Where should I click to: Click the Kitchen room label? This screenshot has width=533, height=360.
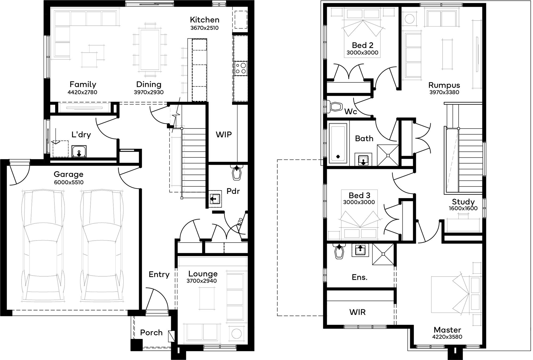pyautogui.click(x=205, y=20)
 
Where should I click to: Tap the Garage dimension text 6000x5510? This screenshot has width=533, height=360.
pyautogui.click(x=69, y=182)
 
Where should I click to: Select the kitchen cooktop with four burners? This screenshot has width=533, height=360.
pyautogui.click(x=241, y=68)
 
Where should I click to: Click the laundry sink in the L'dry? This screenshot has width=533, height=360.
pyautogui.click(x=79, y=152)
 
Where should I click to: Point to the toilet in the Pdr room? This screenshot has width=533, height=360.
pyautogui.click(x=237, y=173)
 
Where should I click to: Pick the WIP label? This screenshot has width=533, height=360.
pyautogui.click(x=224, y=135)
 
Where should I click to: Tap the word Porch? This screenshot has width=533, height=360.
pyautogui.click(x=151, y=333)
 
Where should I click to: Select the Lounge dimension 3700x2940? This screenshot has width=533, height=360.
pyautogui.click(x=202, y=281)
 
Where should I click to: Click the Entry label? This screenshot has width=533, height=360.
pyautogui.click(x=159, y=274)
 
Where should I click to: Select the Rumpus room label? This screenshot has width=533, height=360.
pyautogui.click(x=444, y=85)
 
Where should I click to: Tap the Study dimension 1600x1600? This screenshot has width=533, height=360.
pyautogui.click(x=463, y=208)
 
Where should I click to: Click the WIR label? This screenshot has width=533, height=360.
pyautogui.click(x=357, y=312)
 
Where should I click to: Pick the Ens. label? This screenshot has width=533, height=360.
pyautogui.click(x=360, y=277)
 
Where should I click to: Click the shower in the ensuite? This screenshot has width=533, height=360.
pyautogui.click(x=383, y=254)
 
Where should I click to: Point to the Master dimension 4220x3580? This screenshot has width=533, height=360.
pyautogui.click(x=447, y=337)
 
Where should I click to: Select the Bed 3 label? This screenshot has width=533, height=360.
pyautogui.click(x=360, y=195)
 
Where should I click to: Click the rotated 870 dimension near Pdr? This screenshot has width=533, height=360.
pyautogui.click(x=240, y=222)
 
